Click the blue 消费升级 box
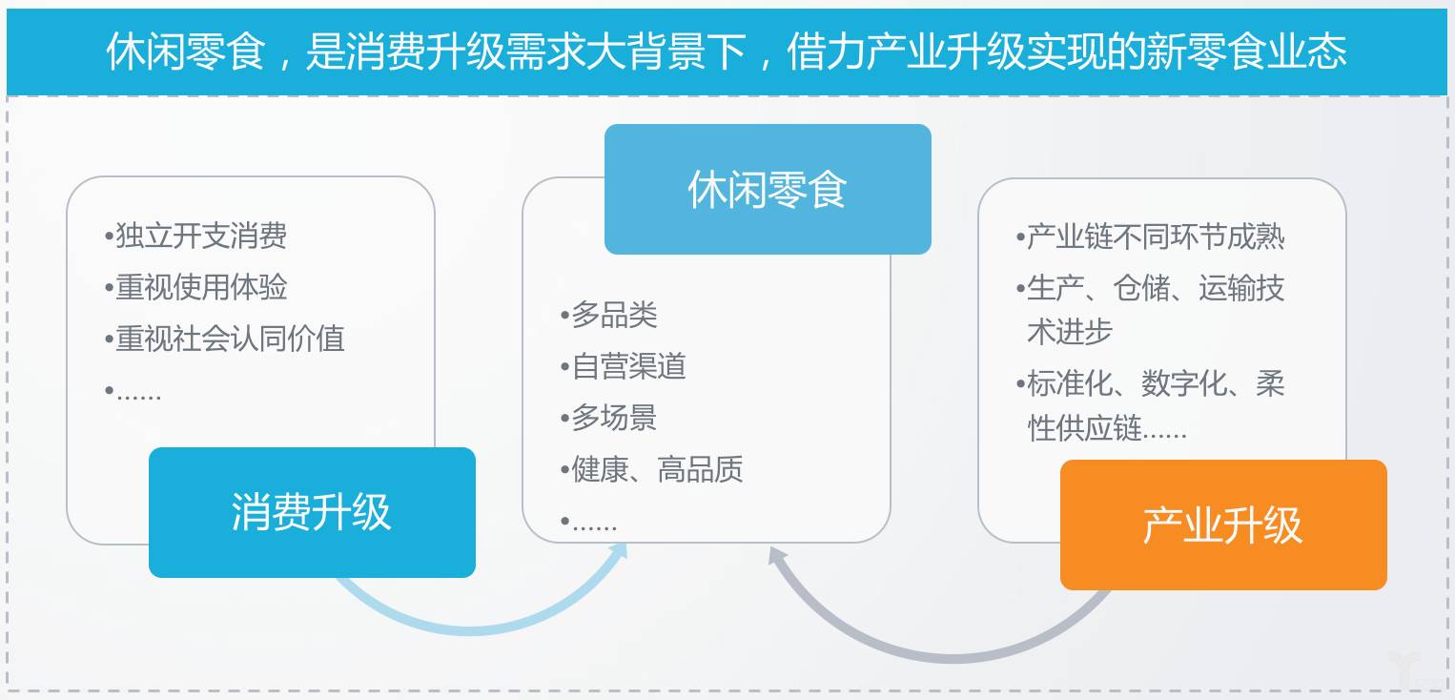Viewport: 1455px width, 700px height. (x=312, y=512)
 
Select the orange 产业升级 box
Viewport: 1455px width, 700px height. (x=1223, y=525)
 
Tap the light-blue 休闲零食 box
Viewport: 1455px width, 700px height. (x=768, y=189)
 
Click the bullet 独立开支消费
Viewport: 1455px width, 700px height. (x=195, y=236)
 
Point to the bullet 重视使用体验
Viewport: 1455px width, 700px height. (x=195, y=287)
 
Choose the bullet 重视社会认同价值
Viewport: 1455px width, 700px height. (x=225, y=338)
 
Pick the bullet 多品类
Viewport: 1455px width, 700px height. (x=608, y=315)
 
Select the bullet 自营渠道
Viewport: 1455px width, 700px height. (x=623, y=366)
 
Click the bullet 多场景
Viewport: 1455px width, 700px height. (x=608, y=418)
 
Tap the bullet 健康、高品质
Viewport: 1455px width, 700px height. (x=651, y=468)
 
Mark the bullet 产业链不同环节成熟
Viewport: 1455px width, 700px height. (x=1150, y=236)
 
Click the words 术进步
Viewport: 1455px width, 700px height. (x=1070, y=332)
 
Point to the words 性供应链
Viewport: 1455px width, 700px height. (x=1084, y=427)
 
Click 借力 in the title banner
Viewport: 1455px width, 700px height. (x=827, y=51)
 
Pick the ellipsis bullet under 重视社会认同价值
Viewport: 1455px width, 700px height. (x=133, y=392)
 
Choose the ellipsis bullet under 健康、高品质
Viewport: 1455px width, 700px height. (x=588, y=523)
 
